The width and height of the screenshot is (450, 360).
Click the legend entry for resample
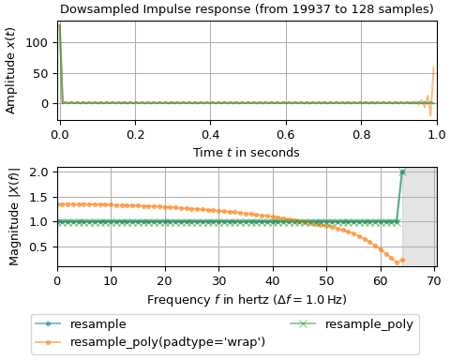(98, 324)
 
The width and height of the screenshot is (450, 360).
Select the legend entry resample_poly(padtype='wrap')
(168, 341)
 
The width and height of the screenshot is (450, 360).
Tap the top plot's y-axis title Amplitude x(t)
(11, 70)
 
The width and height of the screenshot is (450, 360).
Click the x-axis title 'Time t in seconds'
(247, 153)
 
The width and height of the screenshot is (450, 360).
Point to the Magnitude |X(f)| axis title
(14, 217)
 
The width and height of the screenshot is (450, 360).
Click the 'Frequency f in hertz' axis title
(247, 300)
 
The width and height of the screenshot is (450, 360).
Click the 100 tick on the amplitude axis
(38, 42)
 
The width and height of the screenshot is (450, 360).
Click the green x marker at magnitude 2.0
(402, 172)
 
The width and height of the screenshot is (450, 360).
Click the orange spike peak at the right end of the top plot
(434, 67)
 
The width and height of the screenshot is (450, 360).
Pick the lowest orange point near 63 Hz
(397, 262)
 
